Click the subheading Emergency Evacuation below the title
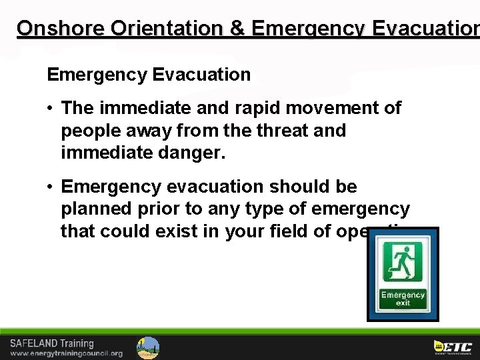tap(149, 75)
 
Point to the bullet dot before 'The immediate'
tap(51, 109)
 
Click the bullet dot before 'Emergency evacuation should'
tap(51, 187)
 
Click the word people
tap(90, 131)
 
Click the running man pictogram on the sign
tap(403, 262)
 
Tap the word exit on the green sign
tap(403, 303)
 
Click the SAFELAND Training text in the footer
tap(52, 343)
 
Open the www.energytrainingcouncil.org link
tap(66, 353)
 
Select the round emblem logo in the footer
tap(148, 347)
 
